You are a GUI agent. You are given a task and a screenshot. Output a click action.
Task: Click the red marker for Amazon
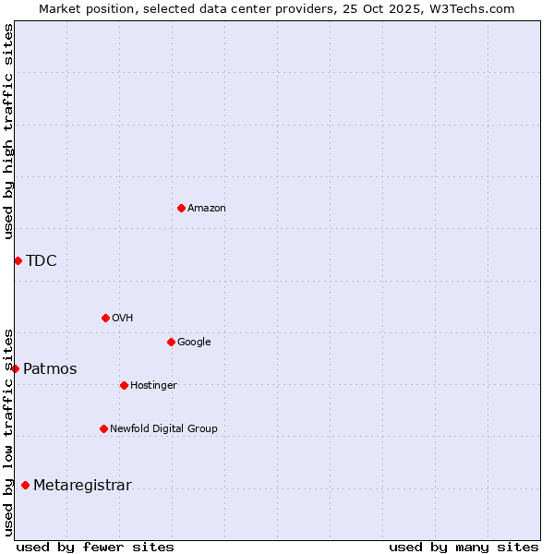181,208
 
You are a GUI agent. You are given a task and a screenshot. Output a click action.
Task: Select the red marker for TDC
18,260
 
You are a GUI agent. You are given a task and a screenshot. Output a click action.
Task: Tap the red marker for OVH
105,318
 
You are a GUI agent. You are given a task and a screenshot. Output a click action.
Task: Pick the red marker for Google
171,342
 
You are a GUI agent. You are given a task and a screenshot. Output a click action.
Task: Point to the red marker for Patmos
15,368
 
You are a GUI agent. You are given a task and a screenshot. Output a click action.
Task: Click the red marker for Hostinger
124,385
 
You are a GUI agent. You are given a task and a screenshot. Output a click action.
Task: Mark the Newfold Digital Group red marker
103,428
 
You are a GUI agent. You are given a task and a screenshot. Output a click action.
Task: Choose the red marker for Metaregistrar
25,485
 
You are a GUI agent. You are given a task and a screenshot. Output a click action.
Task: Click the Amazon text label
207,208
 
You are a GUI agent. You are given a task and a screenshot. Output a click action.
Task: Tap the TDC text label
42,260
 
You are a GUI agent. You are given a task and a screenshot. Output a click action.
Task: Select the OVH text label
123,318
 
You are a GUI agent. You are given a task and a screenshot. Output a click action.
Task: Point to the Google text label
194,342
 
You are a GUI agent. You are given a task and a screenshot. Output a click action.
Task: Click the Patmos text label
50,369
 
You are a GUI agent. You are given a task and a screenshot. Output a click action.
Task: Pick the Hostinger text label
153,385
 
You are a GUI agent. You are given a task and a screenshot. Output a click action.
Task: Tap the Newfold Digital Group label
163,428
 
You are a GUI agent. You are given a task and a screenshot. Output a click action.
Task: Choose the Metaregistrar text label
82,486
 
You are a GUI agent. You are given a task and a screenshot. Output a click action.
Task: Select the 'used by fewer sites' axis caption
95,547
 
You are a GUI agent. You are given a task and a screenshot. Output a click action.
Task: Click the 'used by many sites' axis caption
464,547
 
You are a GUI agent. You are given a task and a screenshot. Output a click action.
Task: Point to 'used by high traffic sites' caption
8,131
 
